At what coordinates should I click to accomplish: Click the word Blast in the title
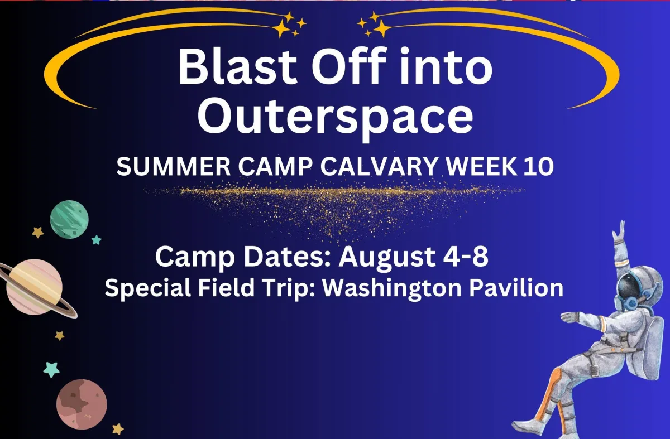237,66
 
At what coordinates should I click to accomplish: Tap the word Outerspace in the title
336,117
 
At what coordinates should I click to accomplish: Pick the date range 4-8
466,256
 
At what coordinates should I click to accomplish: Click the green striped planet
69,219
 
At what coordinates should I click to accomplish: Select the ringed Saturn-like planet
35,287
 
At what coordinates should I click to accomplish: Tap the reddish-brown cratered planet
82,404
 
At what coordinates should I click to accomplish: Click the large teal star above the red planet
51,369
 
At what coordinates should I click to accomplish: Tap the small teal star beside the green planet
96,240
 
